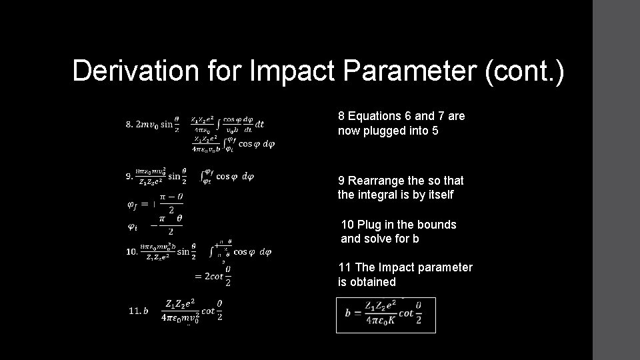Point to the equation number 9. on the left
[x=129, y=177]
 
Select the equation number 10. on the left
[x=131, y=252]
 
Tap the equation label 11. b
[x=138, y=310]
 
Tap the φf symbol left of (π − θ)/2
[x=133, y=204]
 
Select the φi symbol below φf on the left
[x=132, y=227]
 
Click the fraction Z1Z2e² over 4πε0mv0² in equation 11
[x=181, y=310]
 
